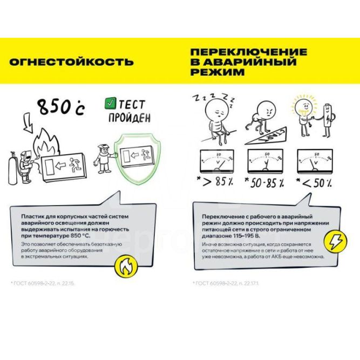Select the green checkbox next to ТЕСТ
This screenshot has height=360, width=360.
click(110, 101)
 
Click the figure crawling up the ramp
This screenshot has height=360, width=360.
click(262, 117)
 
